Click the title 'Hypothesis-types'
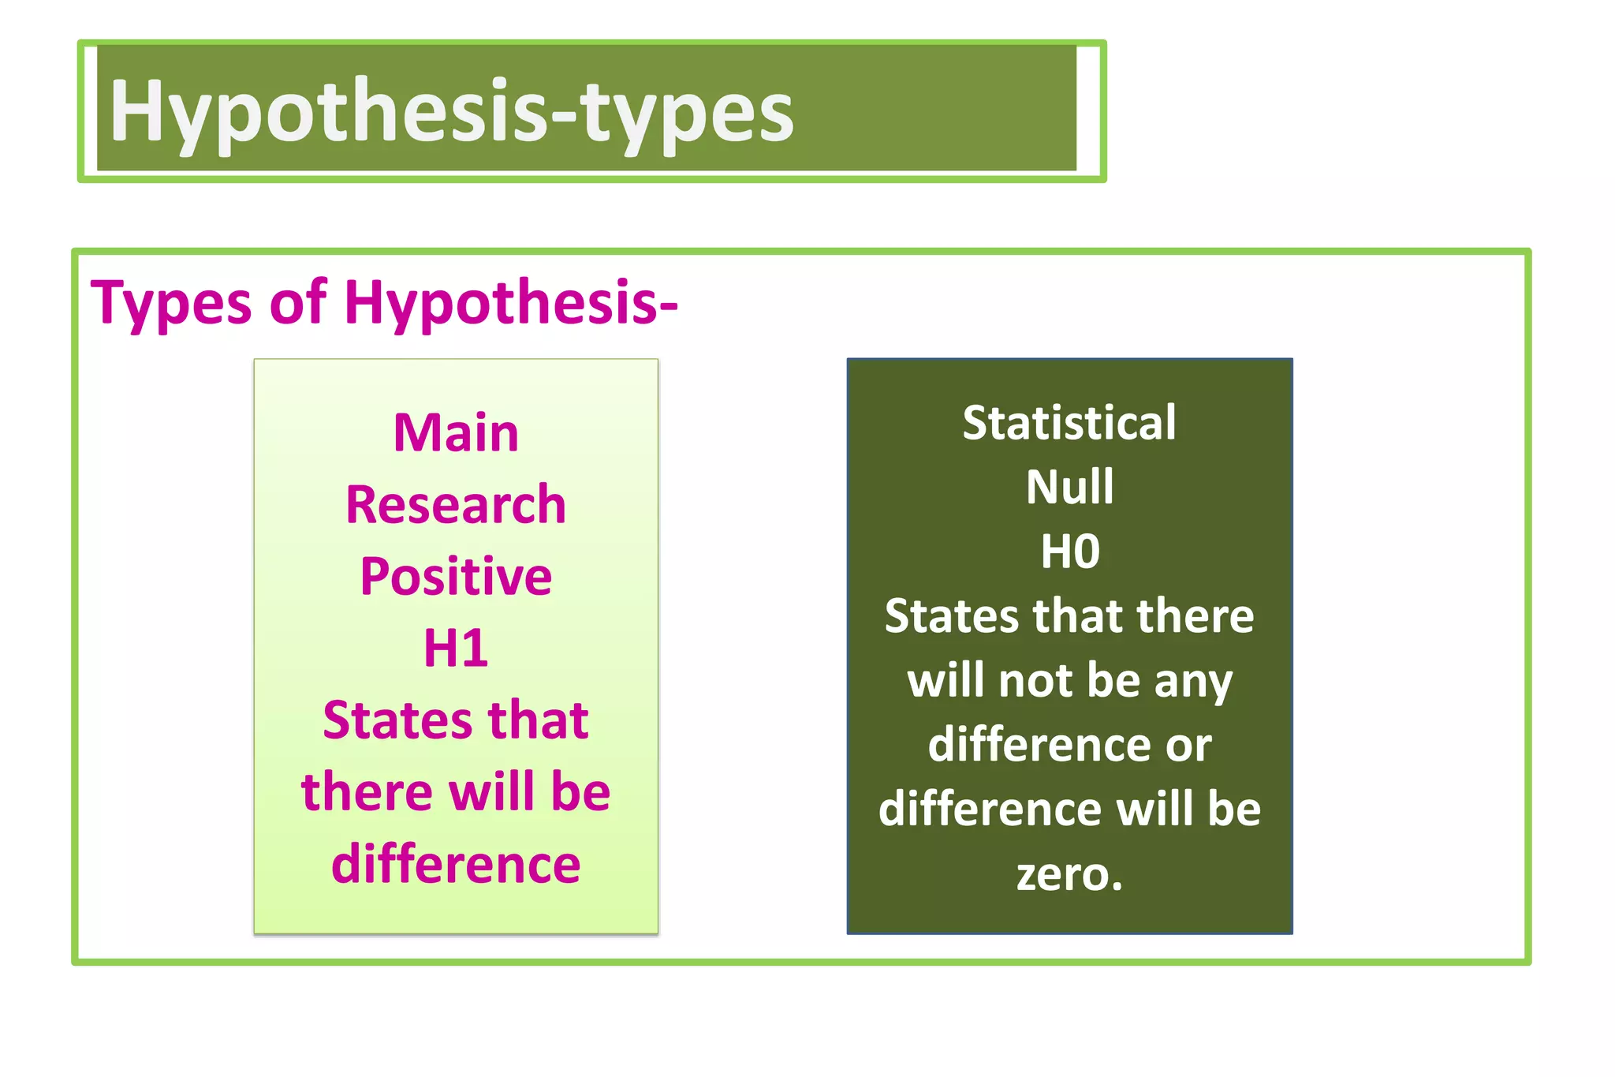click(x=451, y=112)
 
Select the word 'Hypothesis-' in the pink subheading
click(x=511, y=303)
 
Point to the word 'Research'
click(x=456, y=505)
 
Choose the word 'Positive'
click(x=456, y=577)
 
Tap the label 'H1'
click(x=456, y=649)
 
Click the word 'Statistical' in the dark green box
click(x=1069, y=423)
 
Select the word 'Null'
click(x=1069, y=487)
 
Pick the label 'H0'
click(x=1069, y=552)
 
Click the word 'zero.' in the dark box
click(x=1069, y=874)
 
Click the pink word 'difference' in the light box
click(x=456, y=864)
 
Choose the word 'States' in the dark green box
click(x=952, y=616)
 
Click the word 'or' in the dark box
click(x=1188, y=746)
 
